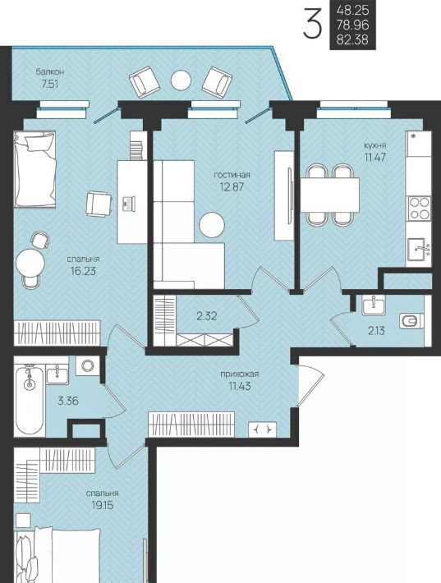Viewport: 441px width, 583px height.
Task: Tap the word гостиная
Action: (x=232, y=175)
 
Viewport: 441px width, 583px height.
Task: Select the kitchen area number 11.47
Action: (x=374, y=157)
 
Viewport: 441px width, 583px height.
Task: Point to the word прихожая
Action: (x=240, y=374)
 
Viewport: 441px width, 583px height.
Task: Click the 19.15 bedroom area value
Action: (x=103, y=505)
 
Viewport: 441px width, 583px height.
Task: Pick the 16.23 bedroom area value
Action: (x=83, y=271)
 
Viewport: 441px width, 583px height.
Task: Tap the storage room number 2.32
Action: (x=207, y=316)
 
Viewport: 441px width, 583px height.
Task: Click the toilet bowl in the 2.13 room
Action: (x=411, y=321)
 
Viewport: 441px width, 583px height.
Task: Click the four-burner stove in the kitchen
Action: (x=420, y=209)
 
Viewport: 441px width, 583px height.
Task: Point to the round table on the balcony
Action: (x=181, y=80)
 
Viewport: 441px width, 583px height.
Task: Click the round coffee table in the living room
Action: (x=212, y=224)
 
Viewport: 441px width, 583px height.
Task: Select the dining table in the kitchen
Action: (x=330, y=195)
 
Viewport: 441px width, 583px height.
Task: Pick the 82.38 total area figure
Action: (x=352, y=39)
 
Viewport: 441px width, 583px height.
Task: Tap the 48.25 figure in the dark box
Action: (x=352, y=10)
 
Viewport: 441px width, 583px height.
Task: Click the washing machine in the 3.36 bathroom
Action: (x=88, y=366)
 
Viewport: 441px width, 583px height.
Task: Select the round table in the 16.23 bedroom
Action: (x=30, y=263)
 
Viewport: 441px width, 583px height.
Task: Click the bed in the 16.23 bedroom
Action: (x=34, y=168)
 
